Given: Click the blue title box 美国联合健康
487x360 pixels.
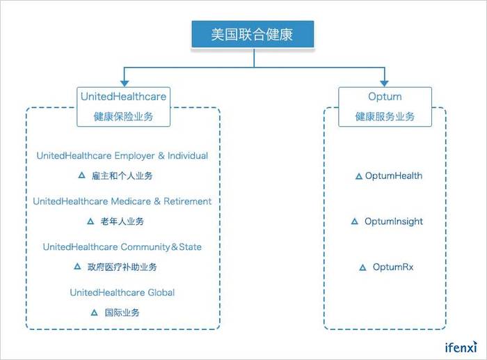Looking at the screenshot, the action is click(253, 34).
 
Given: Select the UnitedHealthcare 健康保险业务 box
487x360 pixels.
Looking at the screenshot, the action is click(123, 107).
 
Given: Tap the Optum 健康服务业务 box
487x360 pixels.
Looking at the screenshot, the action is click(385, 107).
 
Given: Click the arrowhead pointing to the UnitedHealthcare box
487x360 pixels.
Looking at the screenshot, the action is click(125, 84).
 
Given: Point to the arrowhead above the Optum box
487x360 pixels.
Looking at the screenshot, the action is click(384, 84).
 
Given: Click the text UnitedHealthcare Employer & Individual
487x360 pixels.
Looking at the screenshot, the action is click(122, 155).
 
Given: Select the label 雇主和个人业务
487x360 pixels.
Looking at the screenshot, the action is click(122, 176).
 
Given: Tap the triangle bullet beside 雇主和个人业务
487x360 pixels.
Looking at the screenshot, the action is click(81, 175).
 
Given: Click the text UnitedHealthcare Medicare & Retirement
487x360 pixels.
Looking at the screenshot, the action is click(122, 201).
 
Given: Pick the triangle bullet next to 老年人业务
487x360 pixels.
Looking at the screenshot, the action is click(90, 221).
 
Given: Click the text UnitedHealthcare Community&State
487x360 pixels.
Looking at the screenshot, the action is click(122, 246).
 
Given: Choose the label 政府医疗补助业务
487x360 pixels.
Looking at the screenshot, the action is click(122, 267).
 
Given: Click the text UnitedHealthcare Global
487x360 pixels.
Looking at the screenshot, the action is click(122, 292).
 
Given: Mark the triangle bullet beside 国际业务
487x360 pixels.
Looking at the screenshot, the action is click(94, 313).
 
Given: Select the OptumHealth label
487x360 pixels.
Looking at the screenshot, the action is click(394, 175).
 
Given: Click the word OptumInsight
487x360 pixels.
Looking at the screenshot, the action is click(394, 221).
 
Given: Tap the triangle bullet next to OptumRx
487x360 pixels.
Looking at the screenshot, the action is click(362, 267).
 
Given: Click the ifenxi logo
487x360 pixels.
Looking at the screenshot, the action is click(461, 347).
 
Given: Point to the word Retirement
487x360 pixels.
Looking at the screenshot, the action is click(188, 201).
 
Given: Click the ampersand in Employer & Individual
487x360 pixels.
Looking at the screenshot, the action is click(161, 155).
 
